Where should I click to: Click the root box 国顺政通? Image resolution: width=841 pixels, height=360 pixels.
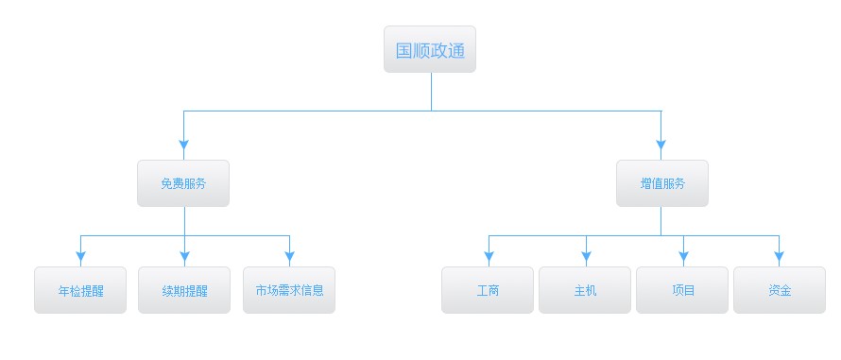[x=430, y=50]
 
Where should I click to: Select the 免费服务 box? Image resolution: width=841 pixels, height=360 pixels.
[x=183, y=183]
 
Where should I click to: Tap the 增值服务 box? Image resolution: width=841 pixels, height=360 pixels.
[x=661, y=183]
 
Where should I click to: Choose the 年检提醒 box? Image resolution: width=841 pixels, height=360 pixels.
[x=80, y=290]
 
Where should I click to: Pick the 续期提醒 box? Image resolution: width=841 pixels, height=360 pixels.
[x=184, y=290]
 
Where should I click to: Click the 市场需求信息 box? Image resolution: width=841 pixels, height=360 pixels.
[x=289, y=290]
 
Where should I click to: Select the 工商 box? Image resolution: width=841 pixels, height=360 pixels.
[x=488, y=290]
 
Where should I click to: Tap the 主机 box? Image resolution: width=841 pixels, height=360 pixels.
[x=585, y=290]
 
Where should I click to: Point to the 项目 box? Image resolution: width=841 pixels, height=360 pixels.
[x=682, y=290]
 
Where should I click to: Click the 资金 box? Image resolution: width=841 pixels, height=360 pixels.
[x=780, y=290]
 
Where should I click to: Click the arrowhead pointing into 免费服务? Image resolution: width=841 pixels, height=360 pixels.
[x=184, y=146]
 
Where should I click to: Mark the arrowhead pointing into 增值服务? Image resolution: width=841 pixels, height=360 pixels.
[x=661, y=146]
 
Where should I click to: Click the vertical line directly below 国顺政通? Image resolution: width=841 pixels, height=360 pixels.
[x=431, y=92]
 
